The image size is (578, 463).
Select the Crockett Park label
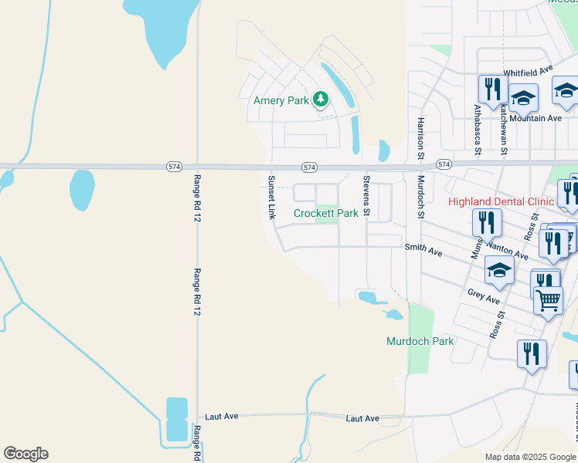[325, 213]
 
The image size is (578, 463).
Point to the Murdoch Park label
[420, 340]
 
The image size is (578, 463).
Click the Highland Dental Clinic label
[501, 201]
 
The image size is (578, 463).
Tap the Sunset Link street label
[271, 198]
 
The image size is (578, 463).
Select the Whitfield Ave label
[529, 72]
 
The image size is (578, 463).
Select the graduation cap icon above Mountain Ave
[523, 97]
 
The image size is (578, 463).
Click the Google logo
[25, 454]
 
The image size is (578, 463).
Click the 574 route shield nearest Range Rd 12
[174, 167]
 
